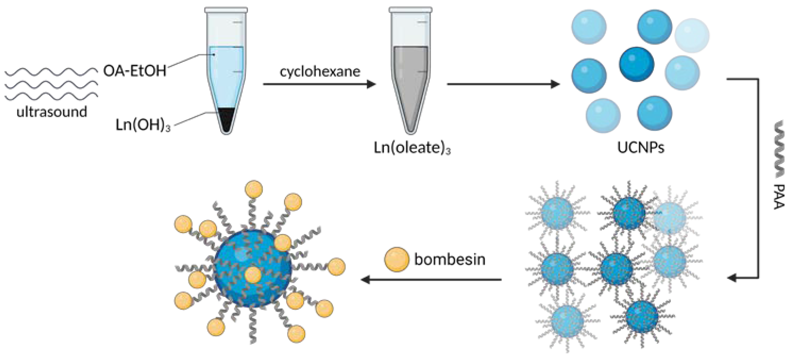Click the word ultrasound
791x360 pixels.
pyautogui.click(x=52, y=112)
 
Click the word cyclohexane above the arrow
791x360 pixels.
pyautogui.click(x=320, y=72)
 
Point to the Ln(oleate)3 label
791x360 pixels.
pyautogui.click(x=412, y=148)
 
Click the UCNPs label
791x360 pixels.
pyautogui.click(x=641, y=148)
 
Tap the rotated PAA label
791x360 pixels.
pyautogui.click(x=779, y=197)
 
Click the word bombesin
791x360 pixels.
pyautogui.click(x=450, y=259)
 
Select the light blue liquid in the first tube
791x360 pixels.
pyautogui.click(x=226, y=77)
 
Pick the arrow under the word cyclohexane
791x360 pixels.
pyautogui.click(x=319, y=84)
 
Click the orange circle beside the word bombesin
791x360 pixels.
pyautogui.click(x=397, y=259)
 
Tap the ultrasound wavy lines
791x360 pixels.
pyautogui.click(x=51, y=84)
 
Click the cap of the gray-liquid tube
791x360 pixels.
pyautogui.click(x=411, y=10)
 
